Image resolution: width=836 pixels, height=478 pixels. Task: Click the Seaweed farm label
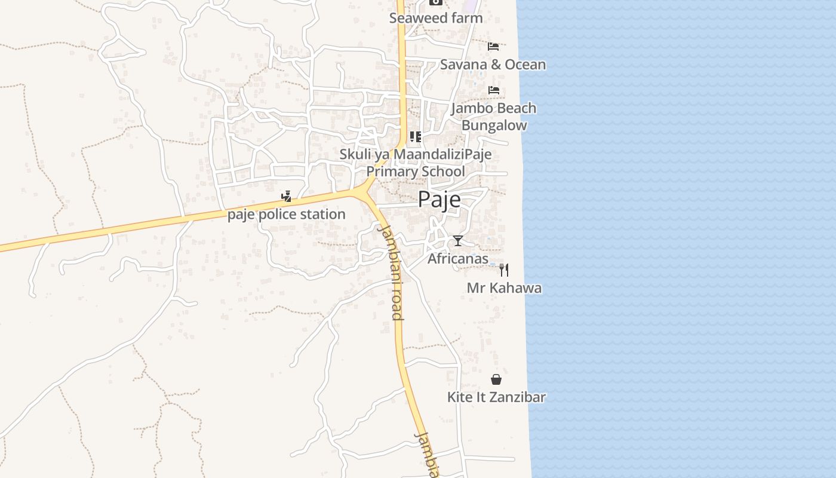436,18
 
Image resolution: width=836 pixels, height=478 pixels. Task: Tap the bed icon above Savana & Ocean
493,46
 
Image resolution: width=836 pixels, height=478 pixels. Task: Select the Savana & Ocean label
493,65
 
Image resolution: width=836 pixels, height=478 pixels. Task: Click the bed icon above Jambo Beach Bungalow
494,90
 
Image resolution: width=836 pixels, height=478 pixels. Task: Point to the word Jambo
474,108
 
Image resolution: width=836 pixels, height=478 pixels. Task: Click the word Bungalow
494,125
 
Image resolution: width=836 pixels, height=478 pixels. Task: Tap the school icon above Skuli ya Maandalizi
416,137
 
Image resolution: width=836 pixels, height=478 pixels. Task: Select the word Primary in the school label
391,171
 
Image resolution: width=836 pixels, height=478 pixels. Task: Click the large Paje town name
439,200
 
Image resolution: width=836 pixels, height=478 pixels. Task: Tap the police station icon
287,196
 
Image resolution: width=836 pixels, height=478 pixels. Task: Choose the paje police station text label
286,214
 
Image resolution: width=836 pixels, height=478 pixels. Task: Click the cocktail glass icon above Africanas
458,241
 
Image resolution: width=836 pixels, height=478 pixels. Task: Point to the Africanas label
458,259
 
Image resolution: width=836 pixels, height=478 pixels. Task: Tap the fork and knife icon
504,270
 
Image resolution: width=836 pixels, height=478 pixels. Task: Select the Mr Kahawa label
504,288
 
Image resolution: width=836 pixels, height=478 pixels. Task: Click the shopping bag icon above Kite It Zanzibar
496,379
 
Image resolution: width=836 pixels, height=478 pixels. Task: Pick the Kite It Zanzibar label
496,397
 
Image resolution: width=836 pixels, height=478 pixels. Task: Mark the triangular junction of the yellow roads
364,192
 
